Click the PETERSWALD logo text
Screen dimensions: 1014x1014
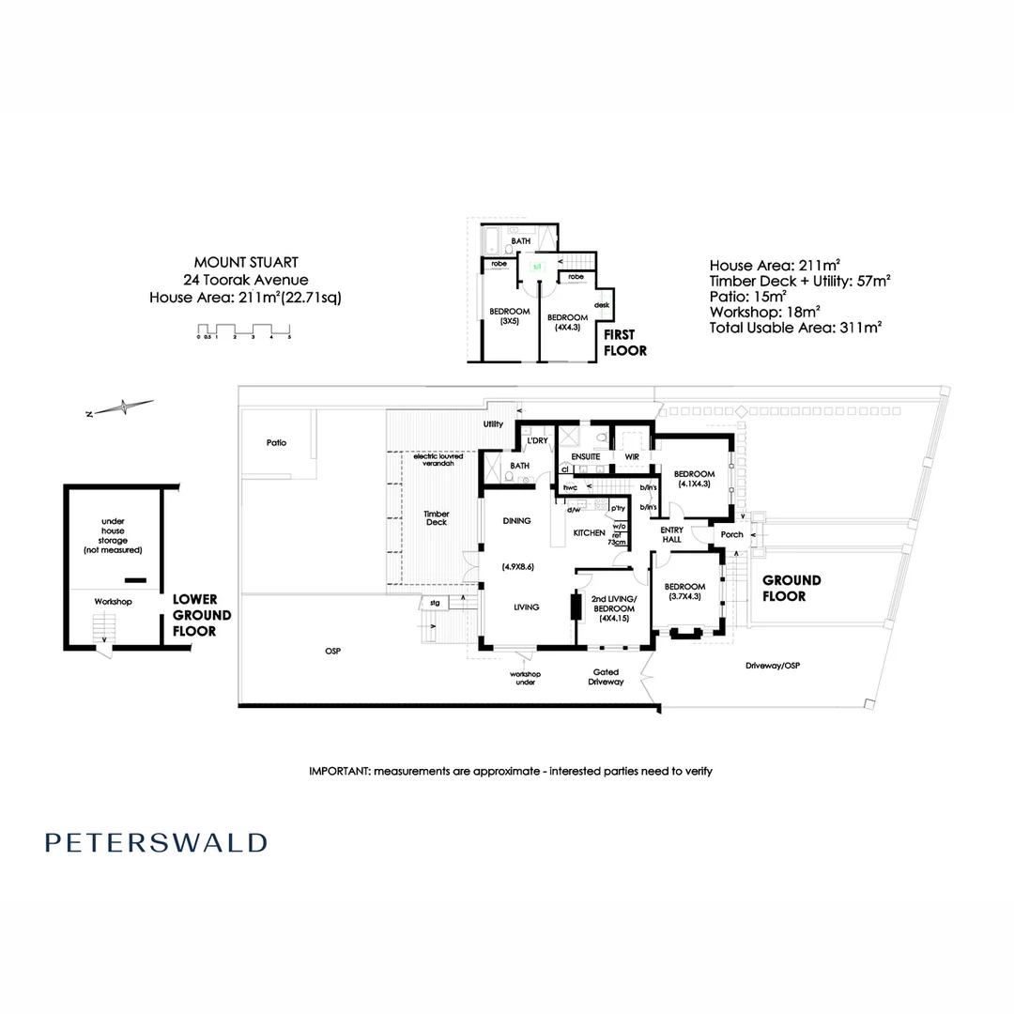click(156, 842)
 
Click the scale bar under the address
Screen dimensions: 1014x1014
click(245, 330)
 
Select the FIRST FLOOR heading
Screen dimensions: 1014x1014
click(624, 343)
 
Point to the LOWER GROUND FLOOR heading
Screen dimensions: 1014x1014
click(195, 615)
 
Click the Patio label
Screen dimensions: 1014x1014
click(275, 442)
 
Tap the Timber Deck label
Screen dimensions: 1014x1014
click(437, 517)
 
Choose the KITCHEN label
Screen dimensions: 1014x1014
click(590, 532)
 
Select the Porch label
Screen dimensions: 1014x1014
click(731, 534)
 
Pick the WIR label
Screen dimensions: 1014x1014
click(632, 456)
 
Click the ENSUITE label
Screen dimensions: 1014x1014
click(586, 456)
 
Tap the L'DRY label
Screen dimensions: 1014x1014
click(537, 440)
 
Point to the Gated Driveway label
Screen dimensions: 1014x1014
click(606, 677)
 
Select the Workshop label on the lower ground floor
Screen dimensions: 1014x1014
click(112, 601)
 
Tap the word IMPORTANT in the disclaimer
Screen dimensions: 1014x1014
click(339, 771)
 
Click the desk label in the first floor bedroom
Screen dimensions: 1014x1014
click(602, 305)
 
